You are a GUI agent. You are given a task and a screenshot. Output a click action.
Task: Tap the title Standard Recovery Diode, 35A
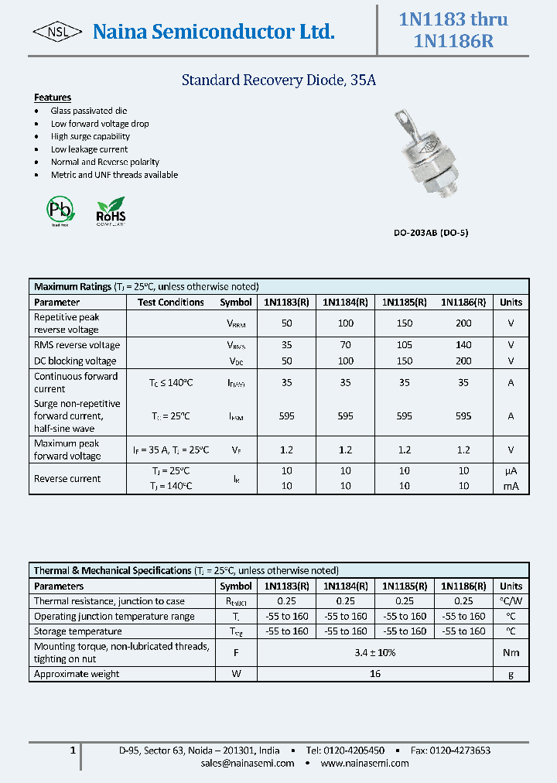(x=278, y=80)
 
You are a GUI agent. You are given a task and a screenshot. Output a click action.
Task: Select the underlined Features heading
(x=53, y=97)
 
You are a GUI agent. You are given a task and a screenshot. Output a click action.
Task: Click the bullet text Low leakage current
(x=89, y=149)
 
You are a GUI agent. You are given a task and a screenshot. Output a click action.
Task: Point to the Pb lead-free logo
(x=60, y=209)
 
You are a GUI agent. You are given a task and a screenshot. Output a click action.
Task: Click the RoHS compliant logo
(x=110, y=210)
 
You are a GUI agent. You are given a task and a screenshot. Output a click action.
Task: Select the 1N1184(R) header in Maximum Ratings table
(x=345, y=303)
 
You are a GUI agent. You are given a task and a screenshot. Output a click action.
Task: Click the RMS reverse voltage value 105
(x=405, y=345)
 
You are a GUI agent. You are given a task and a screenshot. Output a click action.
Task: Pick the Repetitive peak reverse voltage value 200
(x=463, y=323)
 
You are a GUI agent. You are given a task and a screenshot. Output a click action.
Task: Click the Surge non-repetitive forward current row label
(x=77, y=415)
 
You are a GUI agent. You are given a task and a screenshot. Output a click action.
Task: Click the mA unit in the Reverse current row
(x=511, y=486)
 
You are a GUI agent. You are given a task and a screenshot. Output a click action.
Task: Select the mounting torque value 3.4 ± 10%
(x=374, y=652)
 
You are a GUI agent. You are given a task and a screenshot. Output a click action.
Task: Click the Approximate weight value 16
(x=374, y=674)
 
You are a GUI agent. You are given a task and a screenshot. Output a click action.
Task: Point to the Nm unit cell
(x=511, y=652)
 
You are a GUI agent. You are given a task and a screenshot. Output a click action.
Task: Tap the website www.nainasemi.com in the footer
(x=364, y=763)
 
